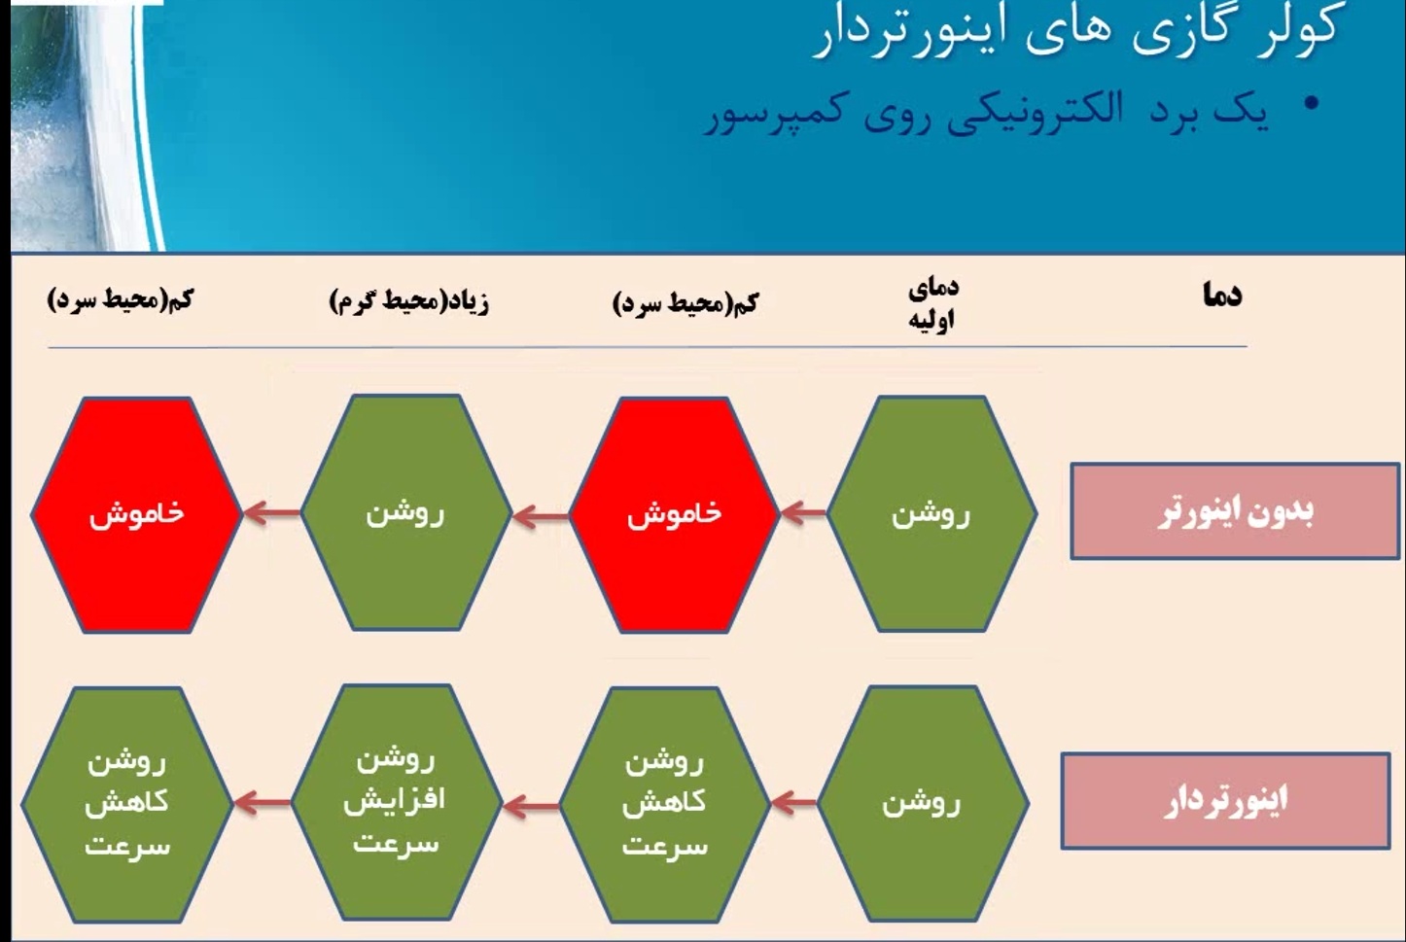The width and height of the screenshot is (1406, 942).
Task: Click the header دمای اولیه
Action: [932, 304]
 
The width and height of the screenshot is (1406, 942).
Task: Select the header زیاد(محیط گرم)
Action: [409, 302]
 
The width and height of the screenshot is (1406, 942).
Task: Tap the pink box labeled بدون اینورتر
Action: [1235, 511]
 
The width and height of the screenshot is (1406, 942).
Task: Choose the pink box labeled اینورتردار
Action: [1226, 801]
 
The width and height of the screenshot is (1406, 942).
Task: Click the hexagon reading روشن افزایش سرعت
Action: [397, 803]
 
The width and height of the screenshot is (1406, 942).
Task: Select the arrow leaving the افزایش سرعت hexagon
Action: [263, 803]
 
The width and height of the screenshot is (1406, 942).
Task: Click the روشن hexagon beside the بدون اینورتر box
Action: [931, 514]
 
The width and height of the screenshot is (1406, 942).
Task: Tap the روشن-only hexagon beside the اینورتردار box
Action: [922, 804]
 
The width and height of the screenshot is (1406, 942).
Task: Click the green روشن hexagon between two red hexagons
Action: [406, 512]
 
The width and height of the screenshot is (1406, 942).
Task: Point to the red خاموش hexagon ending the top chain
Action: [137, 515]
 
